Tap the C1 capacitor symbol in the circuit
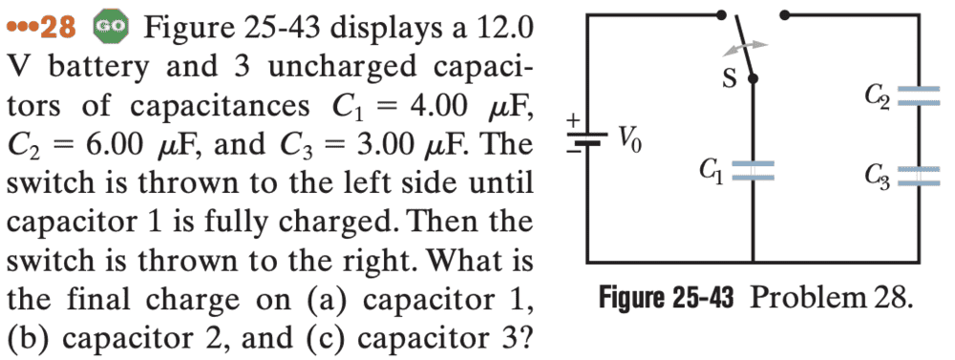pos(753,171)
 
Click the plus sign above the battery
pos(572,121)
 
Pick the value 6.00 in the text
pos(109,144)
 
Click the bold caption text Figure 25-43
pos(666,300)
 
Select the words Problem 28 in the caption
pos(832,300)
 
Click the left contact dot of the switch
pos(722,13)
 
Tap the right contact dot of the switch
pos(784,13)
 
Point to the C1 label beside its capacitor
pos(711,171)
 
